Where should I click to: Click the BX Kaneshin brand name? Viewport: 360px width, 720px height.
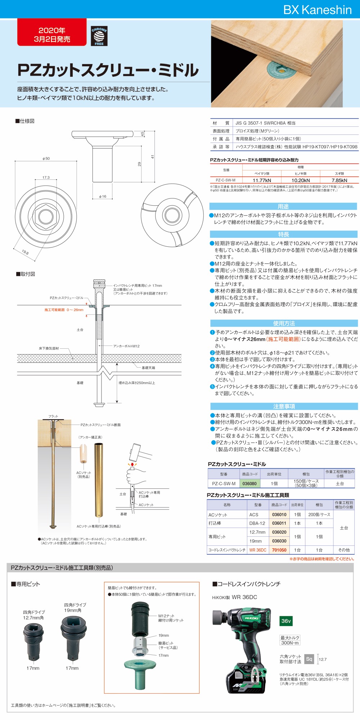pos(317,10)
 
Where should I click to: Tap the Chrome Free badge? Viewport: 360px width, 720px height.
pos(99,36)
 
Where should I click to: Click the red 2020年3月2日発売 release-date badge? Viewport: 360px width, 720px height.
pos(52,35)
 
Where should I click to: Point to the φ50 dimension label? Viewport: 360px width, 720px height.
pos(46,158)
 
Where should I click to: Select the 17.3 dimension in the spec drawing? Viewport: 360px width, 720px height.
pos(46,178)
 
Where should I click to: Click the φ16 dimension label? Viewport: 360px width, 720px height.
pos(103,197)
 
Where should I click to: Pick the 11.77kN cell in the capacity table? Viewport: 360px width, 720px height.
pos(262,180)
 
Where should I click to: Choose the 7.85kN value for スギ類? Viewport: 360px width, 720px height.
pos(339,180)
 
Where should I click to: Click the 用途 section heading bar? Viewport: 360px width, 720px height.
pos(283,206)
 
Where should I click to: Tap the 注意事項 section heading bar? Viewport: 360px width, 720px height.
pos(284,406)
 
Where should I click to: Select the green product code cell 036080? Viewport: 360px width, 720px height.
pos(249,483)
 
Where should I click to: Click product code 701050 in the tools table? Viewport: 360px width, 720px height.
pos(279,550)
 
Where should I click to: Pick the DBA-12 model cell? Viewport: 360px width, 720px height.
pos(257,523)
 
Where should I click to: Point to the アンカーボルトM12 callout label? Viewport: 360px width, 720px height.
pos(126,346)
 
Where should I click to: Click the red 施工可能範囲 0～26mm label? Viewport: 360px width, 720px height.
pos(64,310)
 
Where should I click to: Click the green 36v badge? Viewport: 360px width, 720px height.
pos(286,621)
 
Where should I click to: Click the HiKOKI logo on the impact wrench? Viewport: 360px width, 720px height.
pos(252,618)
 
